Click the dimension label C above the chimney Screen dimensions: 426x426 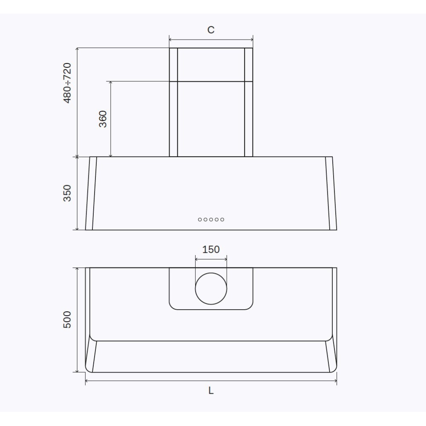[211, 30]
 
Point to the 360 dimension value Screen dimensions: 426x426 [103, 119]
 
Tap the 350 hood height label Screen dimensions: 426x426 [67, 193]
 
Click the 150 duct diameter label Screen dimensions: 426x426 [211, 249]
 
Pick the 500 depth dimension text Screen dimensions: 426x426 [67, 319]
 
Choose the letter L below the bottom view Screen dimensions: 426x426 [211, 391]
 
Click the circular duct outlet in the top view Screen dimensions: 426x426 [211, 289]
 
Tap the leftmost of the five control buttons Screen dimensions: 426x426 [200, 219]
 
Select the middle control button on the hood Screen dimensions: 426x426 [211, 219]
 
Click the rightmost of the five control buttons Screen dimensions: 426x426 [222, 219]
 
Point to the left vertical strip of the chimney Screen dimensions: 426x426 [173, 102]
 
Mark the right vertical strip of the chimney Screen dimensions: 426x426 [249, 102]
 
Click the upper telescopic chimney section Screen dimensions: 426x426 [211, 64]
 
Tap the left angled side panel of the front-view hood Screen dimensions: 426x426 [91, 193]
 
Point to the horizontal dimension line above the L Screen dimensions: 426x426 [211, 381]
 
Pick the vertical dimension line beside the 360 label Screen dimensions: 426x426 [110, 119]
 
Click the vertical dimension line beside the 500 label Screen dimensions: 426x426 [77, 319]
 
